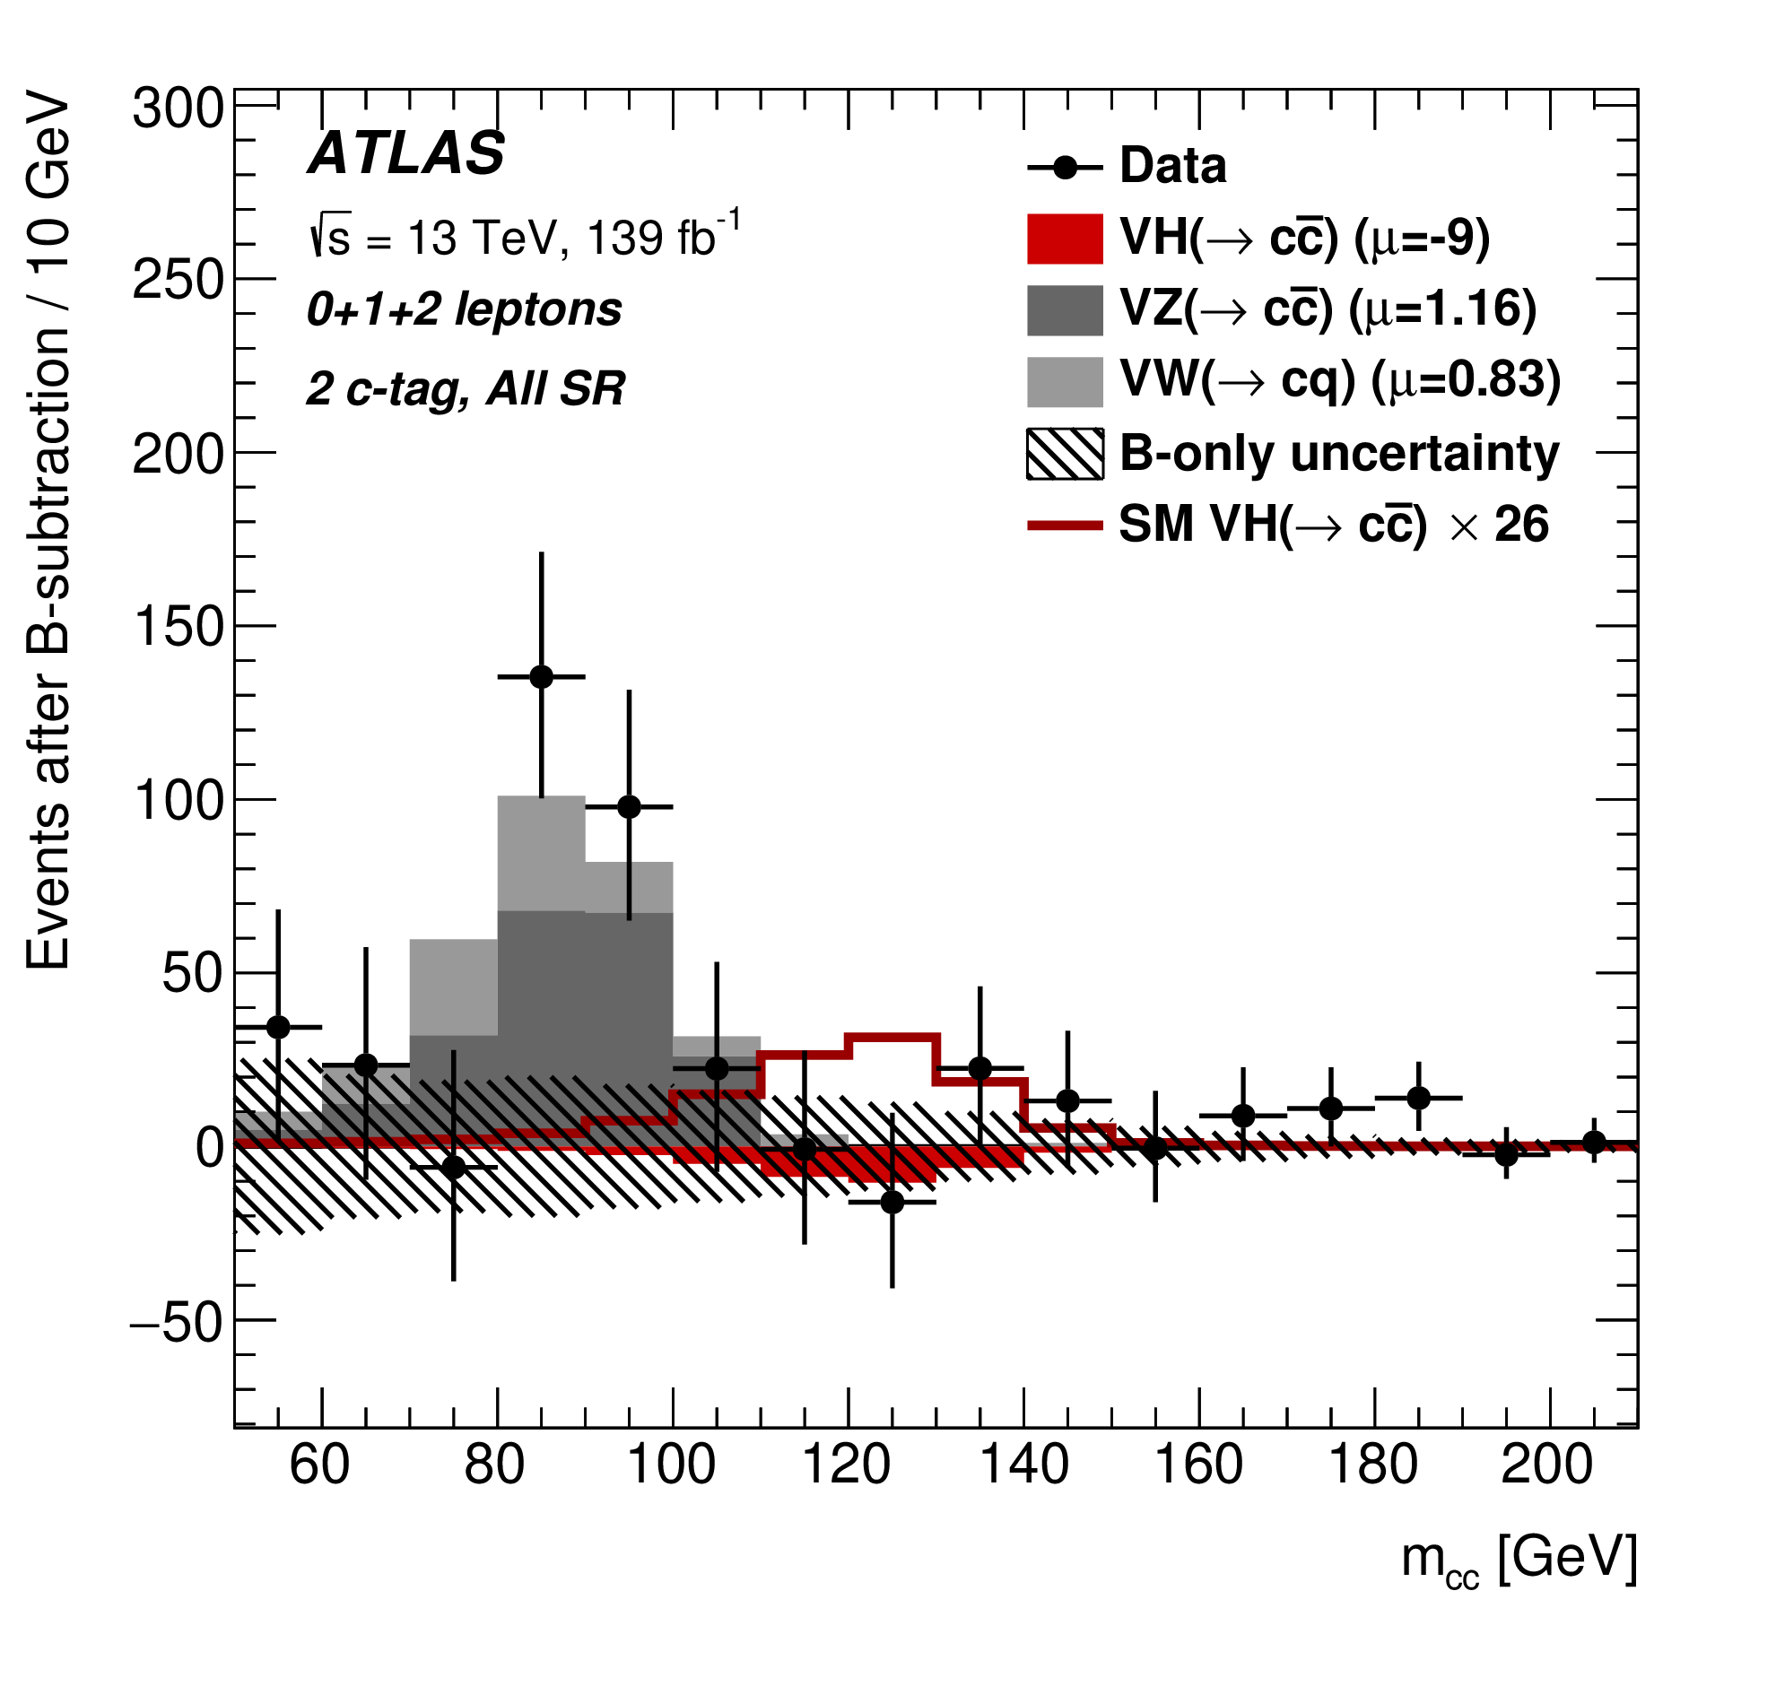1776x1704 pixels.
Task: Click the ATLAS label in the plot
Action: [x=407, y=153]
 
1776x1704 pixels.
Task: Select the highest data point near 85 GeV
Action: [x=541, y=677]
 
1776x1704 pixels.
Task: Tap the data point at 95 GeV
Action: [x=629, y=806]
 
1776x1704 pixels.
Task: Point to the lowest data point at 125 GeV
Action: [x=892, y=1202]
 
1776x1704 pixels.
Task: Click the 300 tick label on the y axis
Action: [x=178, y=109]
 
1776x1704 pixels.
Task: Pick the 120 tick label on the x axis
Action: [x=848, y=1465]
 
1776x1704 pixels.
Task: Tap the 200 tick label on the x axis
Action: [x=1546, y=1465]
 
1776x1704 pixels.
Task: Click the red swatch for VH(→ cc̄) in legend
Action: [x=1065, y=239]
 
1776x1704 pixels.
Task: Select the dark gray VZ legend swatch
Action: [x=1065, y=309]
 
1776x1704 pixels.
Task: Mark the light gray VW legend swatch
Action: [x=1065, y=381]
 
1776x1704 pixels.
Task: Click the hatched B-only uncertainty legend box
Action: [x=1065, y=453]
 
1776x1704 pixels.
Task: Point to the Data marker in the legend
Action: [x=1065, y=169]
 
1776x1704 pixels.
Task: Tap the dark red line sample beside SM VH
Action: [x=1065, y=526]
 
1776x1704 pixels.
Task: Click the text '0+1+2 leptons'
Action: [x=464, y=309]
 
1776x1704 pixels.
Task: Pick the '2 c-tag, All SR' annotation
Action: [x=466, y=389]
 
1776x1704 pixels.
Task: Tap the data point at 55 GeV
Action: [x=278, y=1027]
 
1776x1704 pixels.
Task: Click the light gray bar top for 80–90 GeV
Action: [x=541, y=797]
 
